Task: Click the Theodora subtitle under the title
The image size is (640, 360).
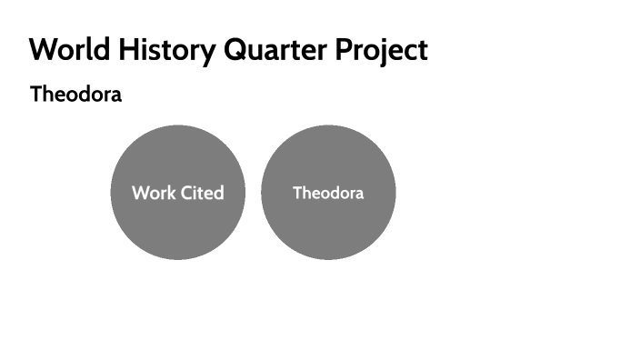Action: click(x=75, y=94)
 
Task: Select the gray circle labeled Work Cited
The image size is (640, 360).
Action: click(x=177, y=227)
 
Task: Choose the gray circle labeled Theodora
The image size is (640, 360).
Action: click(x=328, y=227)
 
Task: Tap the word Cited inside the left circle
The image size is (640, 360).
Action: click(x=202, y=193)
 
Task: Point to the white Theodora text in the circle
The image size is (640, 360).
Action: click(x=328, y=193)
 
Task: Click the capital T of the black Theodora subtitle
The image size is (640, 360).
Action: click(x=36, y=94)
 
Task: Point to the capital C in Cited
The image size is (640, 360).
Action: click(x=187, y=193)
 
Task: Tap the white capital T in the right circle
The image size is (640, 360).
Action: click(x=297, y=193)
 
